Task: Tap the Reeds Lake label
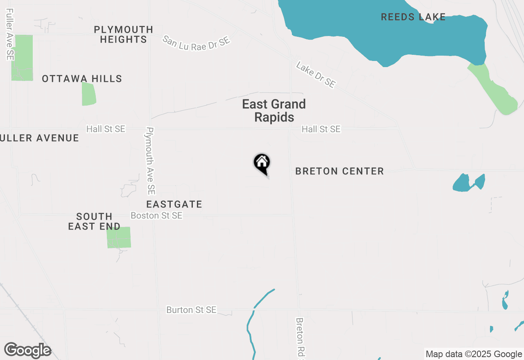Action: click(x=413, y=17)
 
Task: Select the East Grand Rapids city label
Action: click(x=274, y=110)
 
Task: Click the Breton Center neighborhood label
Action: click(x=339, y=171)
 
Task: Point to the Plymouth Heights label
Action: click(x=123, y=35)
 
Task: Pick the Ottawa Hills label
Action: click(x=82, y=79)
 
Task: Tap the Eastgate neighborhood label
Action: click(x=174, y=204)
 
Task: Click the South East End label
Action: click(x=94, y=221)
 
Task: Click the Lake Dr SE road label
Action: click(x=316, y=74)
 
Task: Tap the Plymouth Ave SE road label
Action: click(x=150, y=160)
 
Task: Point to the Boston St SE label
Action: click(x=156, y=215)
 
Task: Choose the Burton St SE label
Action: click(x=191, y=310)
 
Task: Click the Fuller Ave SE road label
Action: click(x=10, y=35)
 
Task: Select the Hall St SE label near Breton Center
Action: click(x=321, y=129)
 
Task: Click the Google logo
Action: click(x=27, y=350)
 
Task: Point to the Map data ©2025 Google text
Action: click(x=474, y=354)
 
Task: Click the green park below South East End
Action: click(x=119, y=237)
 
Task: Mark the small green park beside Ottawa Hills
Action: click(x=88, y=94)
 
